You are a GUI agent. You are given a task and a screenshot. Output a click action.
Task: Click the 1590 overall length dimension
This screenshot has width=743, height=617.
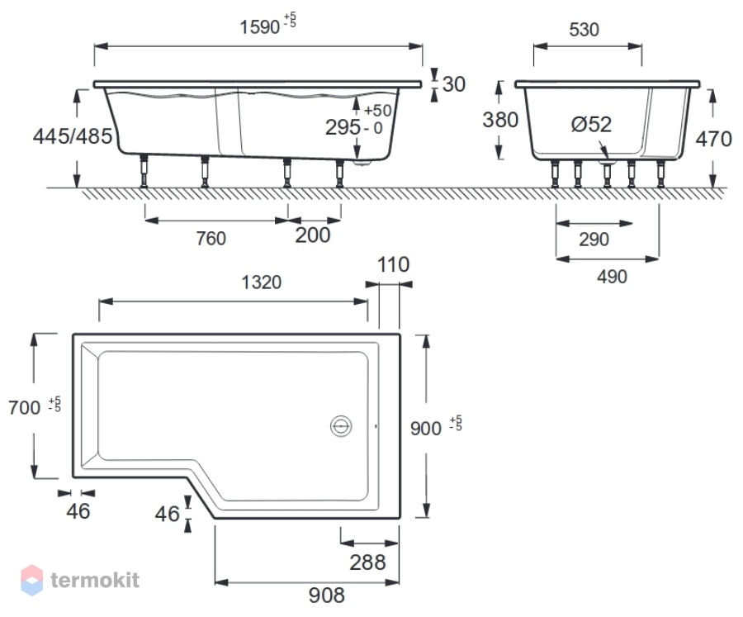coord(260,27)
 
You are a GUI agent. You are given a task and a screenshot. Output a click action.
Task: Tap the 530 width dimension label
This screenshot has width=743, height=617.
coord(584,30)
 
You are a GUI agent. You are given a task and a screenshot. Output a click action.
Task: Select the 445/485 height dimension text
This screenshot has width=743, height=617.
coord(73,136)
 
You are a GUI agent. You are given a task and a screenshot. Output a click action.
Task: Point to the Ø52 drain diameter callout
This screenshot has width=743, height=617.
coord(591,124)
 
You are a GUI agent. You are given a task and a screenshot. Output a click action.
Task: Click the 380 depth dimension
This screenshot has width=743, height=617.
coord(500,120)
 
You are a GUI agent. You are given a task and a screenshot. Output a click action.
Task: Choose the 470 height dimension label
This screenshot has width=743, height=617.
coord(713,139)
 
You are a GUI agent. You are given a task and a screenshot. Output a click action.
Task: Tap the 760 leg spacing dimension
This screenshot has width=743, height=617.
coord(211,238)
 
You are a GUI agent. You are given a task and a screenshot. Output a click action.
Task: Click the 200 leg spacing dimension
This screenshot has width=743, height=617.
coord(313,235)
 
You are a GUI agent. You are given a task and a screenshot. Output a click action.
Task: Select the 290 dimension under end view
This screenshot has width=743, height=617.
coord(594,240)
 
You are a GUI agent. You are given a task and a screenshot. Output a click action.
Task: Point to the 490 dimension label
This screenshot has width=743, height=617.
coord(612,277)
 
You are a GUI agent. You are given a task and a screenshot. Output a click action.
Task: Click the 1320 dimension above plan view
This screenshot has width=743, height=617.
coord(261,282)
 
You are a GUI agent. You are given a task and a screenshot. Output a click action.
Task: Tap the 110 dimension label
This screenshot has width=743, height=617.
coord(393,264)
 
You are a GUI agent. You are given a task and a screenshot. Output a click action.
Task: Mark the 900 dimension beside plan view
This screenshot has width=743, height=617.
coord(426,429)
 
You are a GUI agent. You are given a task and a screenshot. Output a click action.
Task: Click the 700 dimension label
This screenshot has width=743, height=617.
coord(25,408)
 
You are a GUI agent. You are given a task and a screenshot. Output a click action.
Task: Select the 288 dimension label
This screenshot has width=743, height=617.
coord(367,562)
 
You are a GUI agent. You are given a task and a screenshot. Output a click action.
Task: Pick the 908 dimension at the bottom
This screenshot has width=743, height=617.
coord(327,596)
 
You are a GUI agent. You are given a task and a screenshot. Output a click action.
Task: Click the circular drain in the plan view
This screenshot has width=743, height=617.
coord(341,426)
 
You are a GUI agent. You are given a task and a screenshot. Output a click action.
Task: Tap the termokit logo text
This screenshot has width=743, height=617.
coord(95,580)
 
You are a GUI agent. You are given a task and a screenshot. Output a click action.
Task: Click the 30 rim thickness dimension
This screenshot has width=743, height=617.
coord(454,84)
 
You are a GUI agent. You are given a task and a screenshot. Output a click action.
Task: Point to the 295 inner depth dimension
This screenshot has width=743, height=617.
coord(343,127)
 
